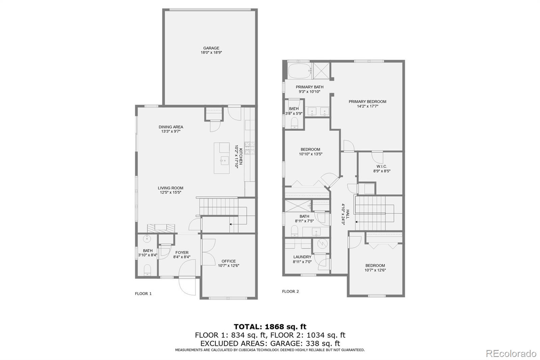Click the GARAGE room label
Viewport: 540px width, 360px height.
[211, 48]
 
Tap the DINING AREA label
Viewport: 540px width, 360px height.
[171, 127]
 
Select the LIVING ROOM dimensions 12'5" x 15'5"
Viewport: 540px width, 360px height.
[171, 192]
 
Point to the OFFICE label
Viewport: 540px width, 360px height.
[228, 261]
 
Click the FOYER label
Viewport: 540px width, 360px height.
[182, 252]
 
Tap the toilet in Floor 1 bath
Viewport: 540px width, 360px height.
[147, 270]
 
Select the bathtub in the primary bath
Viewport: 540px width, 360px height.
[298, 71]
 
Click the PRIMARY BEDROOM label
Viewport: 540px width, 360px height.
[367, 101]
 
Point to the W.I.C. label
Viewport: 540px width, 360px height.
[382, 166]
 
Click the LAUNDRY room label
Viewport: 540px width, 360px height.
[302, 257]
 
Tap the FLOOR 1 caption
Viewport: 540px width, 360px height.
[143, 293]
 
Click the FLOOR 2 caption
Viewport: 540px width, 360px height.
[290, 291]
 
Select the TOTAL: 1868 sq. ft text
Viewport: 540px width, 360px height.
[270, 327]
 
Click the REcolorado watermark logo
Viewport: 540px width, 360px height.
[511, 354]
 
